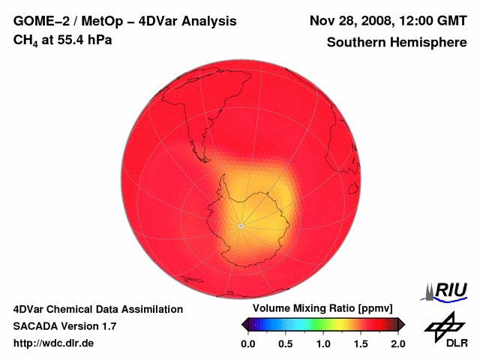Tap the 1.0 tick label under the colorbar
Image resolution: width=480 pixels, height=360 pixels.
point(323,343)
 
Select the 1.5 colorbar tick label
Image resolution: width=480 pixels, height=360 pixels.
point(361,343)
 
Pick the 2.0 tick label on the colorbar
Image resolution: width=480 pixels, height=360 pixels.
point(397,343)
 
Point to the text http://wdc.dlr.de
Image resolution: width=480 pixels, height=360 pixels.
point(54,343)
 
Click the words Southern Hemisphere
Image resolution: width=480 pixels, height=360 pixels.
point(397,43)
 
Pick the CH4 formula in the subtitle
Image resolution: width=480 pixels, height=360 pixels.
point(25,40)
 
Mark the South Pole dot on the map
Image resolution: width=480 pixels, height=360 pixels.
point(240,226)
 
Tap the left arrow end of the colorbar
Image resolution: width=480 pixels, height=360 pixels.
point(244,324)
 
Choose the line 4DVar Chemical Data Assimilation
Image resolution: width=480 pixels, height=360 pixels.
point(98,309)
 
